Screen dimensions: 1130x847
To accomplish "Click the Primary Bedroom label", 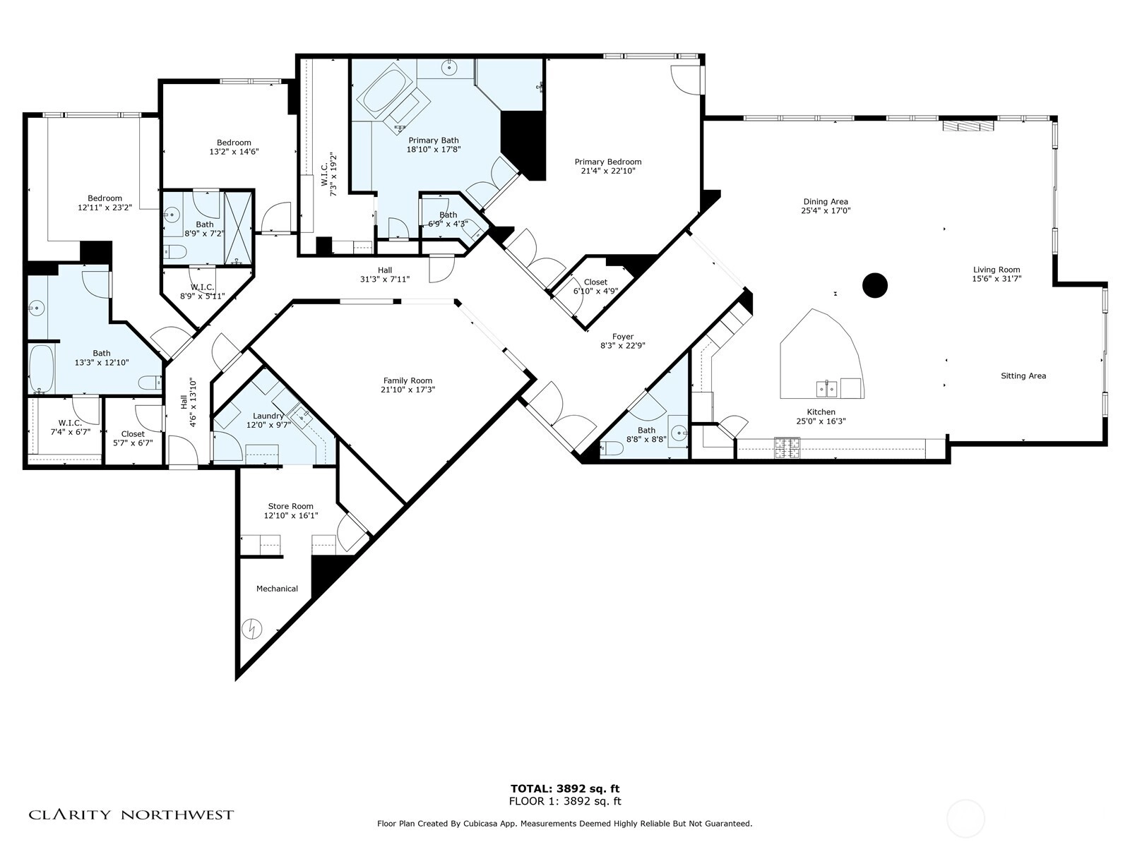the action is pyautogui.click(x=608, y=162).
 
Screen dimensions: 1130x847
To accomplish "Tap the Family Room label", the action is pyautogui.click(x=408, y=380).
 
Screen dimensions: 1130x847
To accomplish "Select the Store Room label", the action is pyautogui.click(x=290, y=506).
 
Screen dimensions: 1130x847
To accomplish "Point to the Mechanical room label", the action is pyautogui.click(x=277, y=589).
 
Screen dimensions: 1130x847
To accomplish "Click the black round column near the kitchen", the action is pyautogui.click(x=875, y=285).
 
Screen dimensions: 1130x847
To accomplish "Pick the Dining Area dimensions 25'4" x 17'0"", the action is pyautogui.click(x=826, y=210).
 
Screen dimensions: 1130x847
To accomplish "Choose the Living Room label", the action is pyautogui.click(x=997, y=270).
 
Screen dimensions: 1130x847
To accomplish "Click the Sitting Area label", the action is pyautogui.click(x=1023, y=376).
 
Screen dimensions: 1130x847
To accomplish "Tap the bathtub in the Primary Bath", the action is pyautogui.click(x=381, y=88).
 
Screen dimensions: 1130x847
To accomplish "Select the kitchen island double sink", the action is pyautogui.click(x=827, y=389).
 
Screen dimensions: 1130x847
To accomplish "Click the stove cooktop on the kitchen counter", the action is pyautogui.click(x=787, y=447).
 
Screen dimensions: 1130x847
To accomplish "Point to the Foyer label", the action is pyautogui.click(x=622, y=337).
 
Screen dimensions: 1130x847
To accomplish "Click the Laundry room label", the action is pyautogui.click(x=268, y=416).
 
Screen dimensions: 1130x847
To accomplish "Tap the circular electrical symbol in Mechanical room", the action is pyautogui.click(x=251, y=629).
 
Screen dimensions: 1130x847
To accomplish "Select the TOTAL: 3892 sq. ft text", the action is pyautogui.click(x=565, y=789).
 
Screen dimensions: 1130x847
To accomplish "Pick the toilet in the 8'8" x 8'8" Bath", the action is pyautogui.click(x=612, y=448).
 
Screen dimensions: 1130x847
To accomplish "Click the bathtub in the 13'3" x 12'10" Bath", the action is pyautogui.click(x=41, y=368).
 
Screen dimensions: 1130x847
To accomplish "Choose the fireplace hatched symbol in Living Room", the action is pyautogui.click(x=968, y=126).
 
